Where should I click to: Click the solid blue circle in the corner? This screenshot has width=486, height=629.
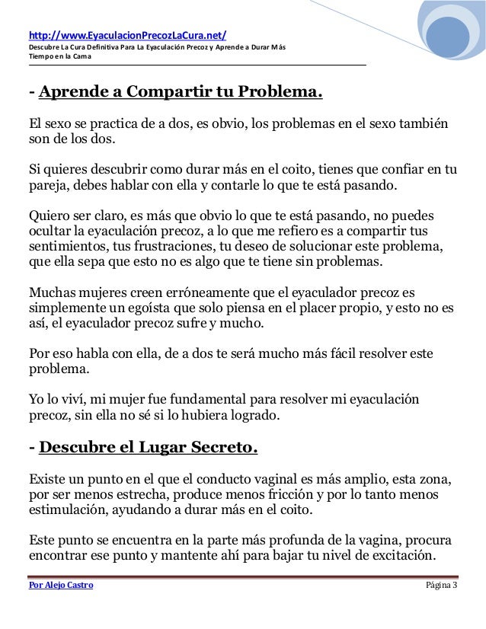[447, 38]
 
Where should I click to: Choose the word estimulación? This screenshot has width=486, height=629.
[69, 512]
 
